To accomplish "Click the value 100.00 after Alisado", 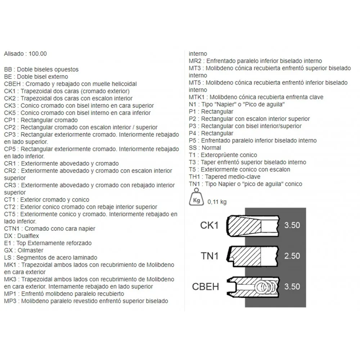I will [37, 54].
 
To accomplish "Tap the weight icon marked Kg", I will [196, 198].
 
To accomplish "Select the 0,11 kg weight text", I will [217, 202].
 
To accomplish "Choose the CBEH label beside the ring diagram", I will [206, 287].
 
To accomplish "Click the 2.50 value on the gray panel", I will [292, 256].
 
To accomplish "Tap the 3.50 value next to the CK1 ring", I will [292, 225].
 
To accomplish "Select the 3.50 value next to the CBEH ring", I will [292, 287].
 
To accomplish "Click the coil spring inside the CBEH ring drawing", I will [266, 287].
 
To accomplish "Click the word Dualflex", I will [26, 236].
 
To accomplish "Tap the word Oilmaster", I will [28, 250].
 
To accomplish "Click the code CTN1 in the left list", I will [12, 229].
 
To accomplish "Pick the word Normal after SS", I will [211, 148].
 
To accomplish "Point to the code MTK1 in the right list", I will [197, 97].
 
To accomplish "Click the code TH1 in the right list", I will [194, 177].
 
